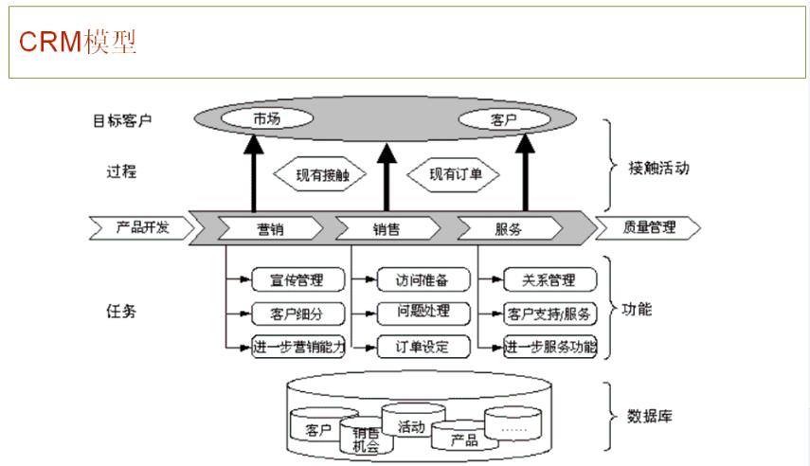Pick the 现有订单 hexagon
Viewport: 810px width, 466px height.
[452, 174]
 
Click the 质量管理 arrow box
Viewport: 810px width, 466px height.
[648, 227]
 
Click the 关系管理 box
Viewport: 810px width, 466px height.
[549, 279]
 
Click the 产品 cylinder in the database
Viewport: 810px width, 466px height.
[464, 439]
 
